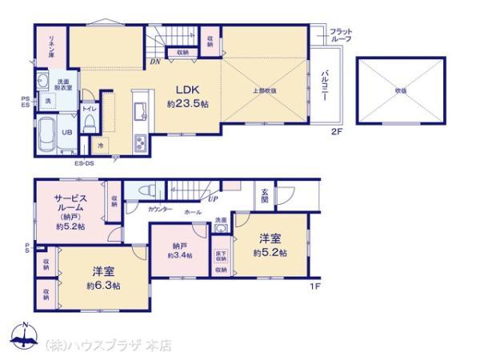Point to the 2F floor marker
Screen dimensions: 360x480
tap(338, 134)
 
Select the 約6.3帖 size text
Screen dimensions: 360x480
tap(105, 286)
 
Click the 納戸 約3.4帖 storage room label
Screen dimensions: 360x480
tap(178, 250)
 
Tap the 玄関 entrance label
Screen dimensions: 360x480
tap(265, 195)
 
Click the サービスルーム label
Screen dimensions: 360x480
tap(71, 211)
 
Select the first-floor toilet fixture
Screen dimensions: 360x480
tap(146, 192)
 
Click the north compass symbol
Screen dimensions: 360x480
tap(24, 337)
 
